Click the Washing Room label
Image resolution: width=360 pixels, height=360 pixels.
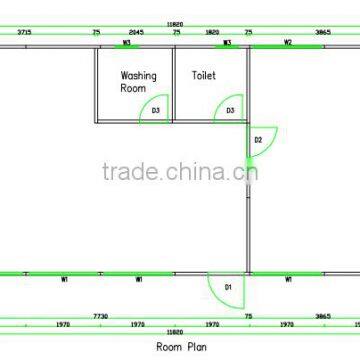[133, 80]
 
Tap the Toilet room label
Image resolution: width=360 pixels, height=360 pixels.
[204, 74]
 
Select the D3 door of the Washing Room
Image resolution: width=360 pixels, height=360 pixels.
[156, 110]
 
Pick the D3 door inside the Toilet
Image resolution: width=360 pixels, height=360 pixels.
[231, 110]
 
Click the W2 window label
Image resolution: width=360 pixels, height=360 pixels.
[288, 43]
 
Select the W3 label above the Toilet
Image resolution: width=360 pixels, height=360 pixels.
[228, 43]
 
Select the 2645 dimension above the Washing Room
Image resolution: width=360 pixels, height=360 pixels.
[136, 32]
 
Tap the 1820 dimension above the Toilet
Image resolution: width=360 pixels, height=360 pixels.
[213, 32]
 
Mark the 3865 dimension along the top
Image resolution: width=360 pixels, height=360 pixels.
[322, 32]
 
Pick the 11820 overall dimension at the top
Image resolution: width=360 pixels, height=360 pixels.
[176, 21]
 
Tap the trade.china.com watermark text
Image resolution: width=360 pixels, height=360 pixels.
[180, 171]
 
